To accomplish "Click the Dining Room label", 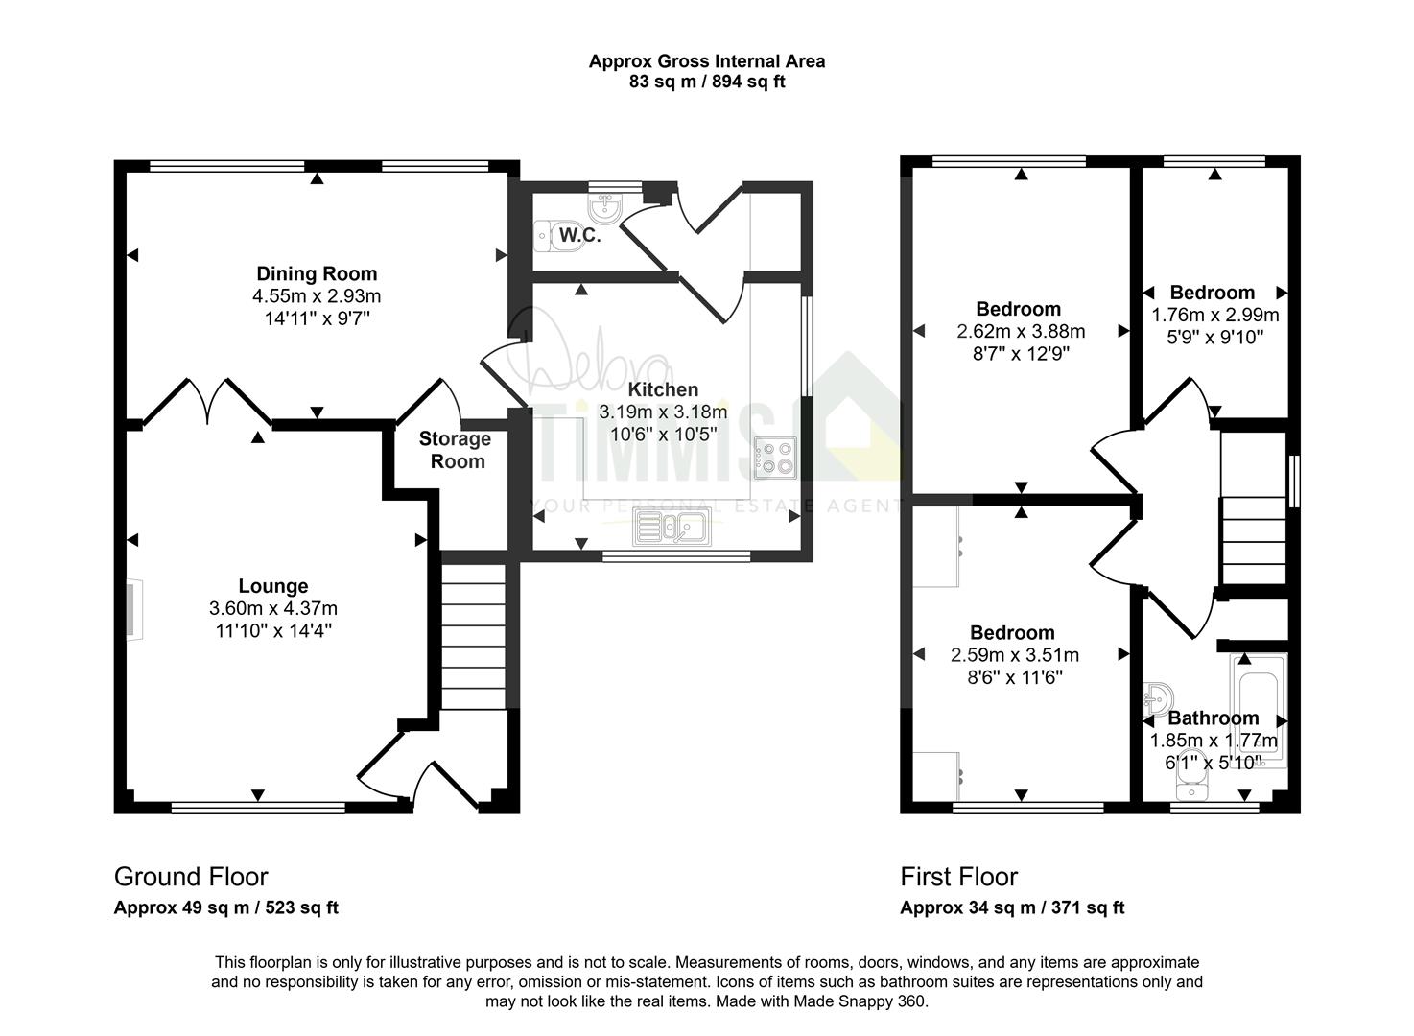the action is pyautogui.click(x=317, y=273).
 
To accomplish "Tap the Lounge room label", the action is pyautogui.click(x=273, y=586).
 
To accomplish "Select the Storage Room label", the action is pyautogui.click(x=456, y=450).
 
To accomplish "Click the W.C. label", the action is pyautogui.click(x=579, y=235).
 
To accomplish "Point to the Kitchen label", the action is pyautogui.click(x=663, y=388).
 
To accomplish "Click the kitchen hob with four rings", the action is pyautogui.click(x=776, y=459).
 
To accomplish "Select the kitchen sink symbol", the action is pyautogui.click(x=672, y=528).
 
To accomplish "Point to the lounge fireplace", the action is pyautogui.click(x=134, y=610).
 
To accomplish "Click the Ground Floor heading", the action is pyautogui.click(x=191, y=877).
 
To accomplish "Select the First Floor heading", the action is pyautogui.click(x=959, y=877).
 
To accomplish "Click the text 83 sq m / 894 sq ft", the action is pyautogui.click(x=707, y=82).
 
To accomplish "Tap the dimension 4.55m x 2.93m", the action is pyautogui.click(x=317, y=296).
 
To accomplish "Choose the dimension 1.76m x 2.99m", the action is pyautogui.click(x=1215, y=315).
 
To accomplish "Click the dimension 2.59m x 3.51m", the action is pyautogui.click(x=1015, y=654).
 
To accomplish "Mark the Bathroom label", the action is pyautogui.click(x=1214, y=718).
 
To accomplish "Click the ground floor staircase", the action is pyautogui.click(x=474, y=636).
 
